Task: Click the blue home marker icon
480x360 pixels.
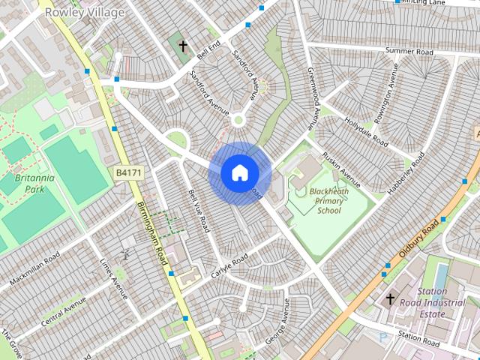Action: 239,172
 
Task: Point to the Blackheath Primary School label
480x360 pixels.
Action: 328,201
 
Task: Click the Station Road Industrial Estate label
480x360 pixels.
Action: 432,302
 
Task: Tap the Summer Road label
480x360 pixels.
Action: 409,52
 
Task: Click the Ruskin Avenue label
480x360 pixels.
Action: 340,166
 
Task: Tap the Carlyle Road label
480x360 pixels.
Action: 229,265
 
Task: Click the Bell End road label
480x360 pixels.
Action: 208,51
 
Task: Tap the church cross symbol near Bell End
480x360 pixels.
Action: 183,46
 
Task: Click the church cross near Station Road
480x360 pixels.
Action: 389,299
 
